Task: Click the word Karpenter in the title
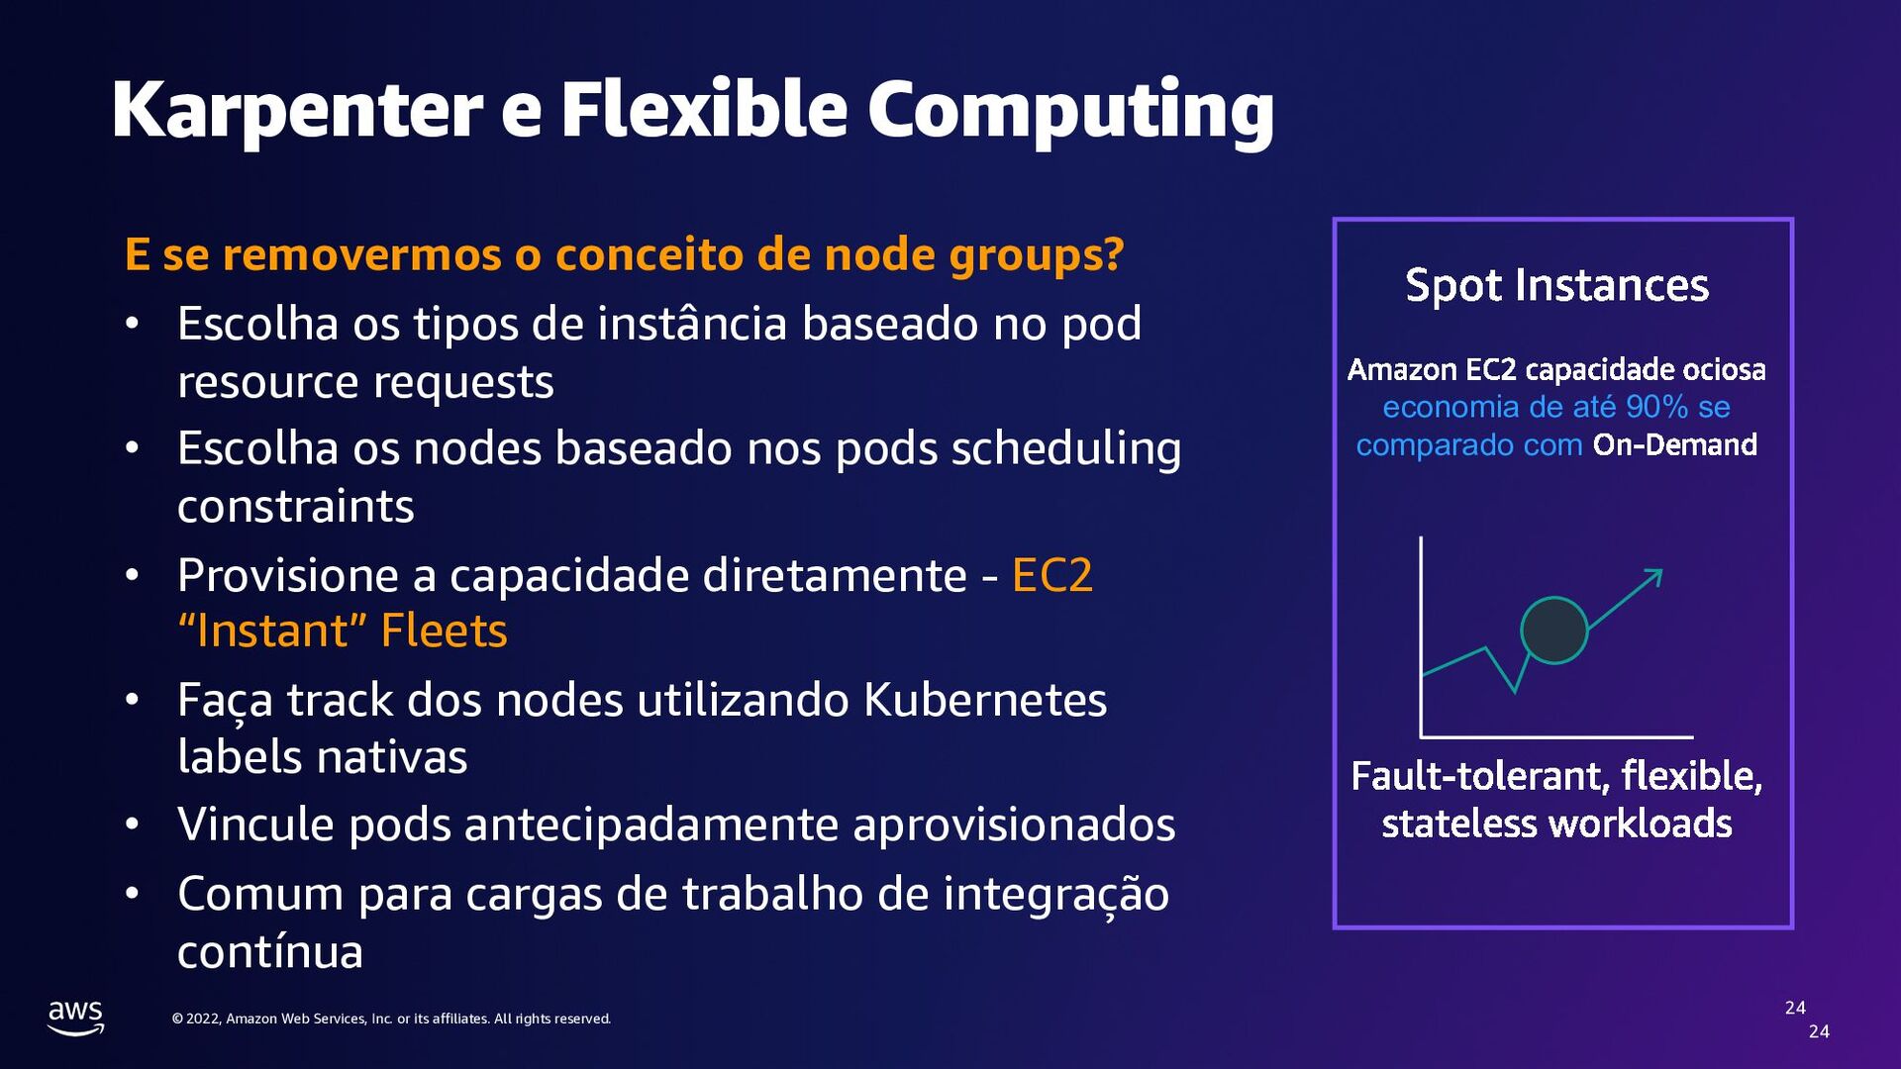pos(297,111)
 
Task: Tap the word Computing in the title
pos(1070,111)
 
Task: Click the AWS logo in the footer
pos(76,1017)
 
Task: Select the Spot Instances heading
pos(1556,285)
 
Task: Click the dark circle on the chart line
pos(1553,631)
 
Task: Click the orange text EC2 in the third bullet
pos(1051,575)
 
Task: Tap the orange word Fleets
pos(444,632)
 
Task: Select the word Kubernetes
pos(984,700)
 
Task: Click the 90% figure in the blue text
pos(1656,407)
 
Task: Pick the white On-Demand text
pos(1674,445)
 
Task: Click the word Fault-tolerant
pos(1480,776)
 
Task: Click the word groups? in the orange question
pos(1037,254)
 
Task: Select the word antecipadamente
pos(650,825)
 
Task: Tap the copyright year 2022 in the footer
pos(202,1019)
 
